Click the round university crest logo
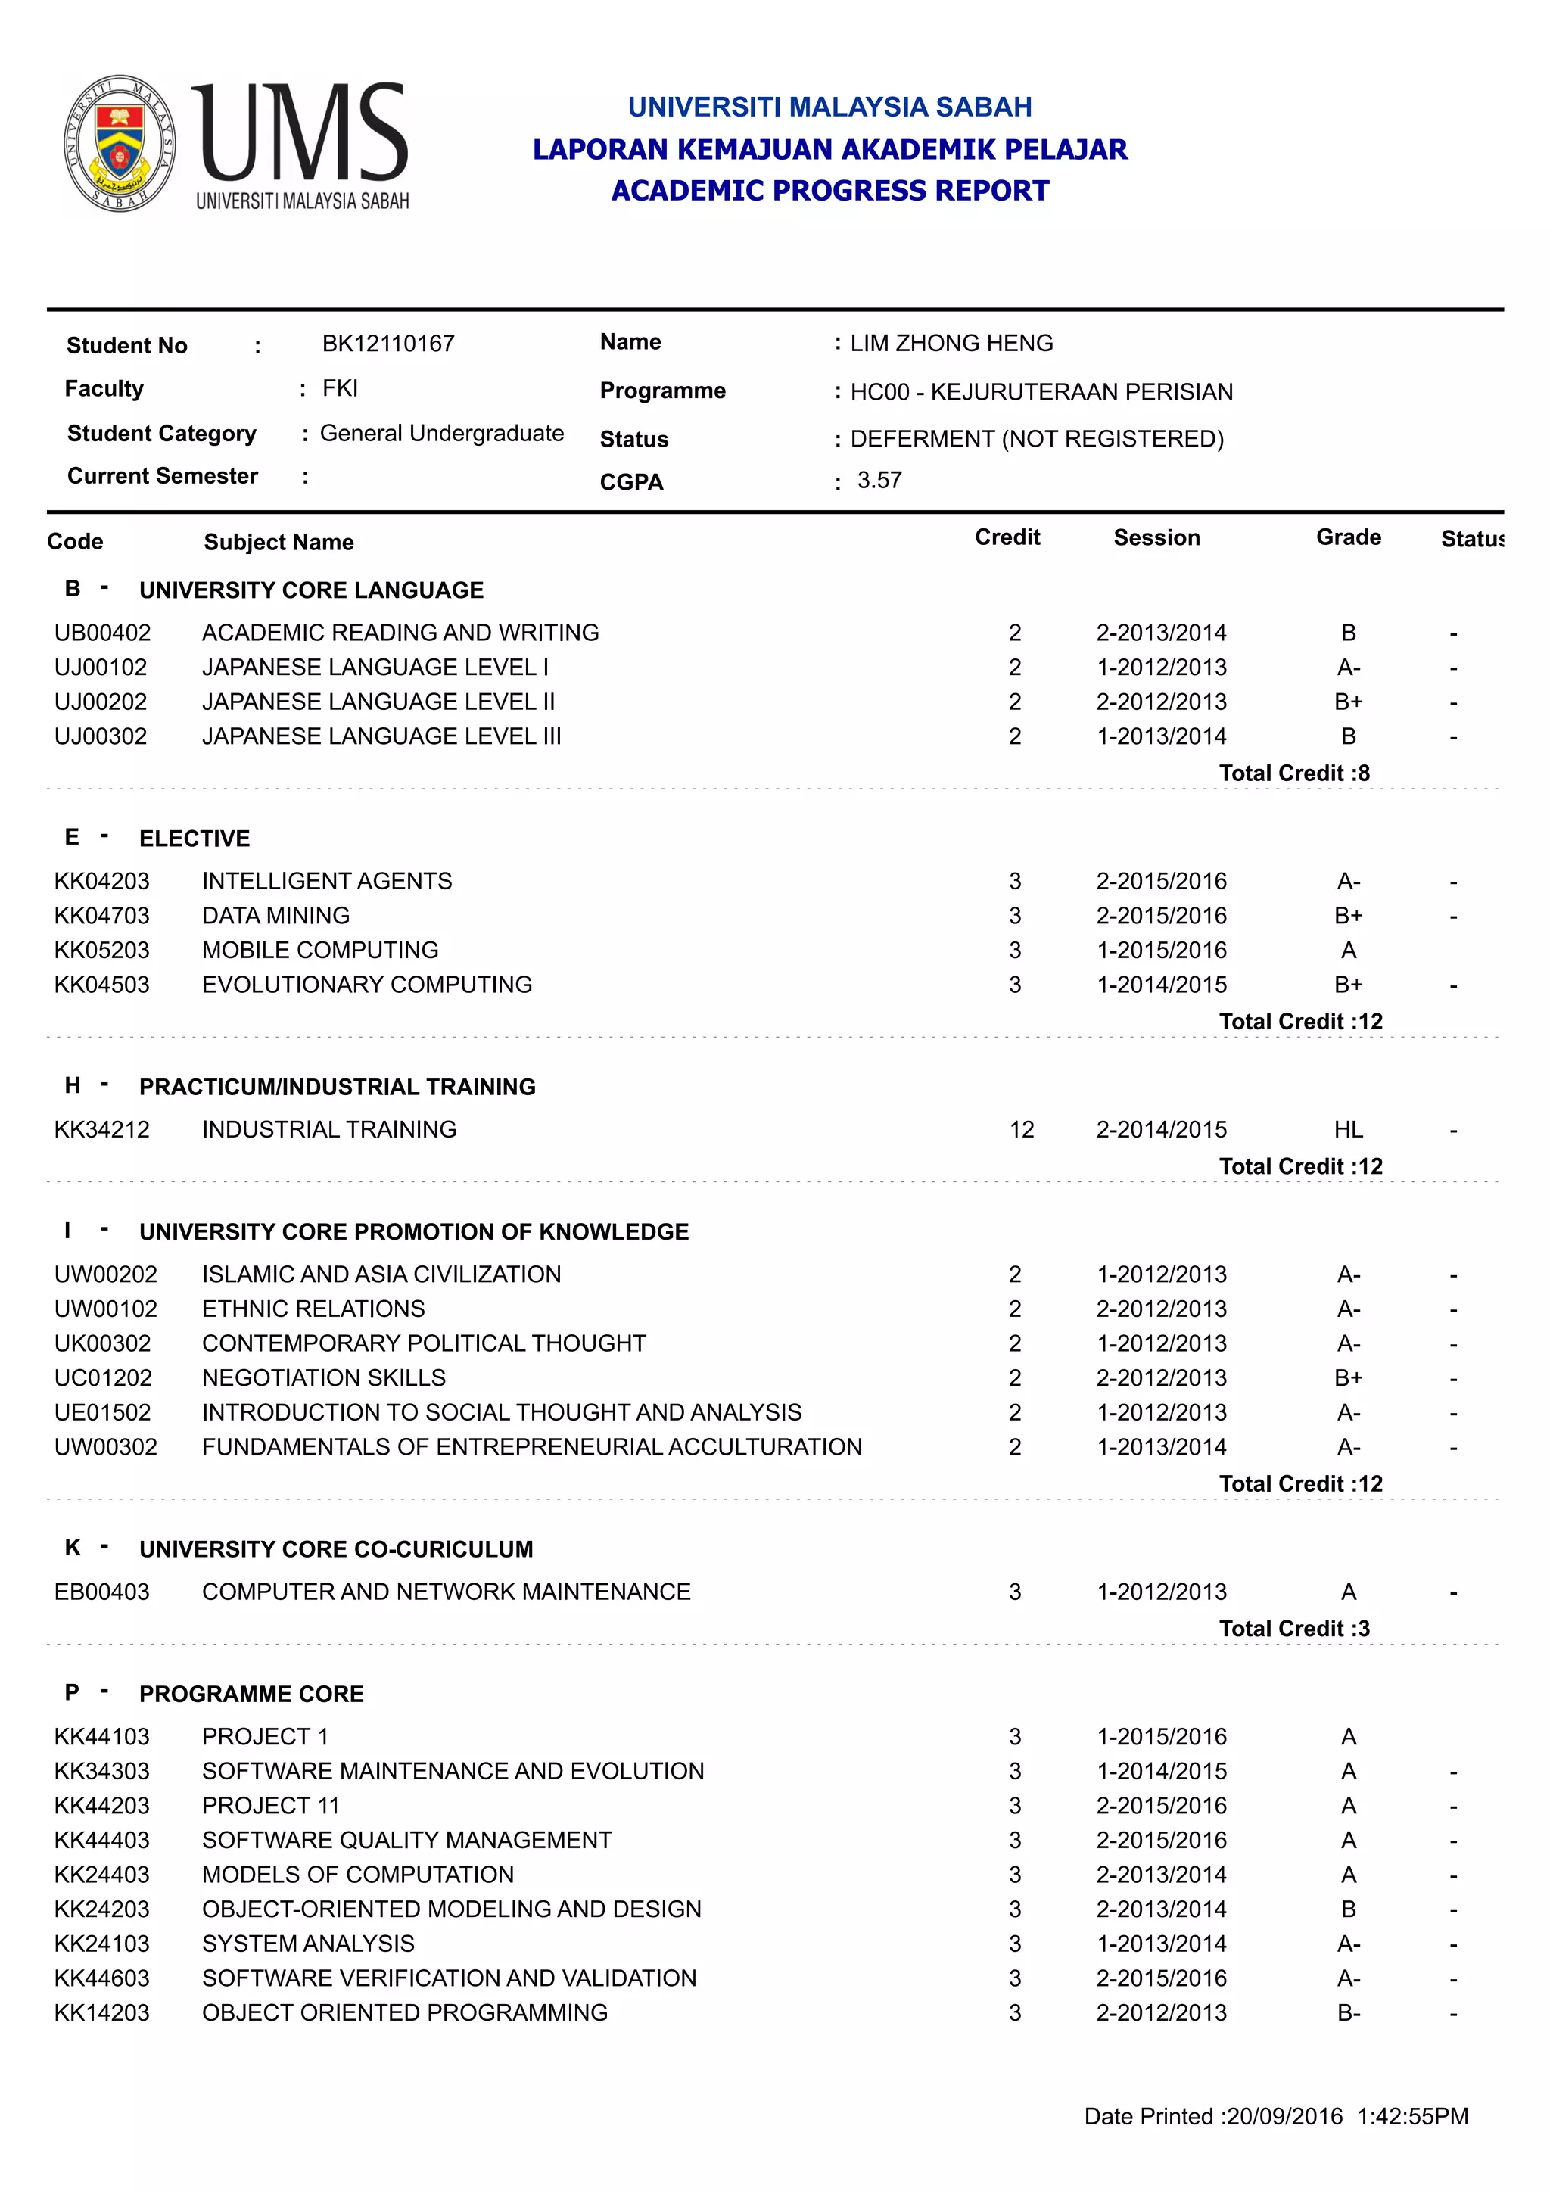[x=120, y=143]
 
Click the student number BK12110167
[x=387, y=344]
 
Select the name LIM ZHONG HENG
[x=951, y=344]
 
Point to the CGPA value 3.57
[x=879, y=480]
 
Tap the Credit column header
[x=1007, y=537]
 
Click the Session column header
[x=1156, y=538]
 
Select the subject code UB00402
[x=102, y=633]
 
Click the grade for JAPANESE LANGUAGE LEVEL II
[x=1348, y=702]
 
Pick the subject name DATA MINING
[x=275, y=916]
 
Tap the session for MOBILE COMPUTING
[x=1160, y=951]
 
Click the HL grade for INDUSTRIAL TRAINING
[x=1348, y=1130]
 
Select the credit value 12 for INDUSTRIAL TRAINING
[x=1021, y=1130]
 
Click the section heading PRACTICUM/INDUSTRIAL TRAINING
[x=337, y=1087]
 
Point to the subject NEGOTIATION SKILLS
[x=324, y=1378]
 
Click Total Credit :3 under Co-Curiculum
[x=1293, y=1629]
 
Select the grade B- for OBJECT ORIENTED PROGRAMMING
[x=1348, y=2013]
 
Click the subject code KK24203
[x=102, y=1909]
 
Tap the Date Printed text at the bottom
[x=1275, y=2117]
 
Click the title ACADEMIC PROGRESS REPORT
[x=829, y=191]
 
